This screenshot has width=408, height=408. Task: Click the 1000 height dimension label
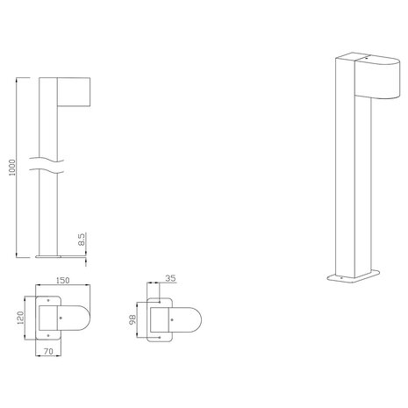(x=10, y=167)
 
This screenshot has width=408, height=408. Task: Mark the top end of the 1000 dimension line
(x=18, y=77)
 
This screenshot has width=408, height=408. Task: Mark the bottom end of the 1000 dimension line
(x=18, y=257)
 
